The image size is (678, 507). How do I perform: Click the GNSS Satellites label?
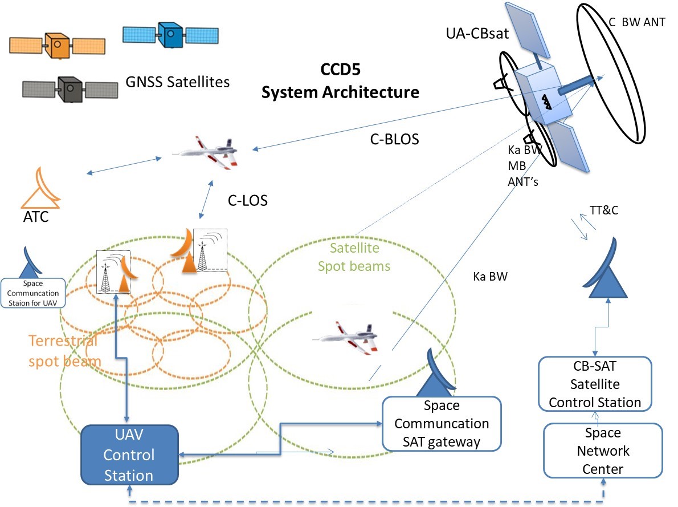[177, 82]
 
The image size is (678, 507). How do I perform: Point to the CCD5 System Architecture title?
[340, 82]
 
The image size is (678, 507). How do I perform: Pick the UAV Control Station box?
[129, 455]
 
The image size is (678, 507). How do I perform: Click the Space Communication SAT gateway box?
[442, 423]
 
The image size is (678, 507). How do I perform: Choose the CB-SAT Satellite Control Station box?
[595, 384]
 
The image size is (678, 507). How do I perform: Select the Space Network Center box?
[603, 451]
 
